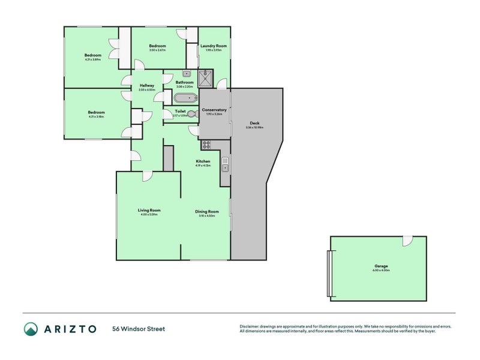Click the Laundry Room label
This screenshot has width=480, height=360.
tap(213, 46)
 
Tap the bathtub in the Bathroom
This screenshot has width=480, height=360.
tap(185, 97)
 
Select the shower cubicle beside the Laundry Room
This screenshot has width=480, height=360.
tap(206, 78)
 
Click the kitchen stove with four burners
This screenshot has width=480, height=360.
tap(206, 144)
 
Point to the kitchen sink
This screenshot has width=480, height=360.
tap(224, 160)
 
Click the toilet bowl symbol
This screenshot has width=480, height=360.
tap(191, 114)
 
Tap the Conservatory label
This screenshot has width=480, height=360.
tap(214, 110)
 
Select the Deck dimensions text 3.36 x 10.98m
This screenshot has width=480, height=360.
tap(255, 127)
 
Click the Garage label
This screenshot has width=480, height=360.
tap(381, 266)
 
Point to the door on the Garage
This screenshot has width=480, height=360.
tap(407, 240)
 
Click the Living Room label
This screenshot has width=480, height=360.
tap(149, 210)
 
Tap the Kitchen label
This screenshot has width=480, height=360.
tap(203, 161)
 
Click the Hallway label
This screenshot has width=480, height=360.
tap(147, 85)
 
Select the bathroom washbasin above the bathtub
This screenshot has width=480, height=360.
tap(187, 74)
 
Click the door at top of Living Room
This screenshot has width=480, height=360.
tap(147, 176)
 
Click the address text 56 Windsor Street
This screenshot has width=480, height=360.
tap(138, 329)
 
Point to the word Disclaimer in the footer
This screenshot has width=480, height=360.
tap(251, 326)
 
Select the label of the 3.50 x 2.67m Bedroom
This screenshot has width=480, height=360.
tap(158, 46)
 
